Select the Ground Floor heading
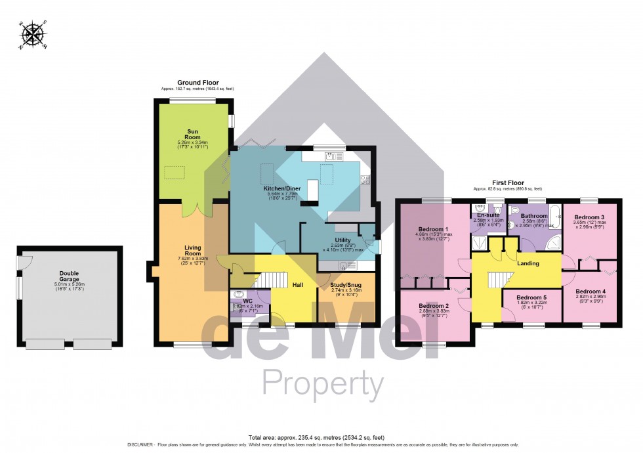pos(197,83)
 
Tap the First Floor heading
pos(508,183)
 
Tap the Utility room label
pos(342,240)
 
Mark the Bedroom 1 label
pos(432,230)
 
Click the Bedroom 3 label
pos(589,217)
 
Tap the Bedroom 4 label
pos(590,291)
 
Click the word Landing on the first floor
pos(528,263)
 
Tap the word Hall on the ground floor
pos(297,285)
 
